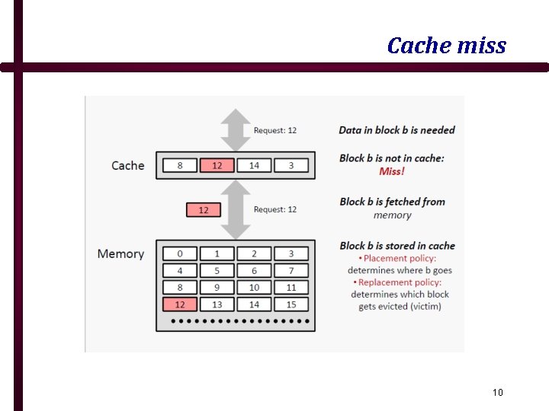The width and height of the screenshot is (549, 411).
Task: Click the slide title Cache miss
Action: click(x=446, y=46)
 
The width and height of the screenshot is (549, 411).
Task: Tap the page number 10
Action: click(x=497, y=393)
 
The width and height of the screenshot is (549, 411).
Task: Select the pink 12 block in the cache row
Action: click(x=217, y=165)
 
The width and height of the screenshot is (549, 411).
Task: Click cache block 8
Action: click(x=180, y=165)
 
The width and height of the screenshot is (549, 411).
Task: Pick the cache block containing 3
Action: click(x=291, y=165)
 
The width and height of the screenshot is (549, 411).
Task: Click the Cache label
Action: click(x=127, y=165)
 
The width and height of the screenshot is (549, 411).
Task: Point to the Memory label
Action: click(x=120, y=253)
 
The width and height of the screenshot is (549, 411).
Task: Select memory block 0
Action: click(x=180, y=253)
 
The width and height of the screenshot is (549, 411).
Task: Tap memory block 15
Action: click(x=291, y=304)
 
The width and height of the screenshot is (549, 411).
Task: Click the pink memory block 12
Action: click(x=180, y=304)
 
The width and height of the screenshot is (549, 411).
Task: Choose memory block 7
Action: click(x=291, y=270)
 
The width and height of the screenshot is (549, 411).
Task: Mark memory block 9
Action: click(x=217, y=288)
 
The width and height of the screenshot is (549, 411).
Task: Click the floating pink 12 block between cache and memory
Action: click(x=204, y=209)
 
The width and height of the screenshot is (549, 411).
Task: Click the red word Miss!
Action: click(x=392, y=171)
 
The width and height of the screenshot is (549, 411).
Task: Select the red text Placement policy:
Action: click(x=400, y=258)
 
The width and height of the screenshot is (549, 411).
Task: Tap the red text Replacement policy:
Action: click(x=400, y=282)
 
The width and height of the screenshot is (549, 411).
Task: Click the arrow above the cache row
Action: click(x=236, y=129)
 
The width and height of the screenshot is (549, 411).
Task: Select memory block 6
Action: click(x=254, y=270)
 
